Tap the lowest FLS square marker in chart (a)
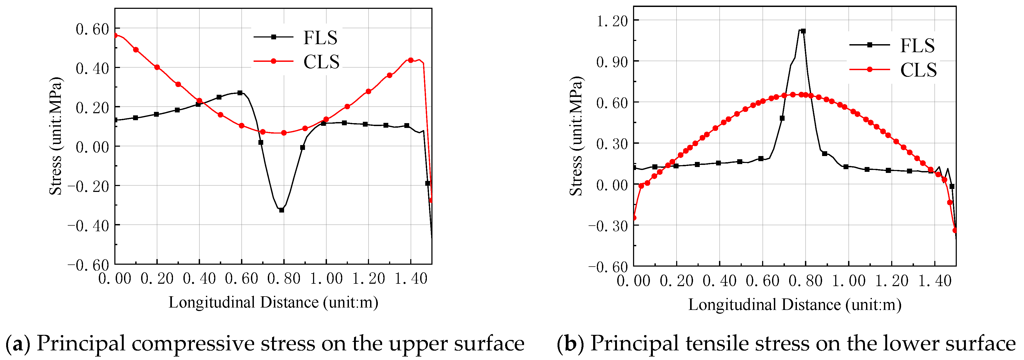(281, 210)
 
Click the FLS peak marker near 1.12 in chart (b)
(803, 31)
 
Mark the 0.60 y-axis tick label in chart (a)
(92, 29)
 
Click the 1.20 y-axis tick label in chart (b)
(612, 20)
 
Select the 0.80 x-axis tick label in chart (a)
(283, 279)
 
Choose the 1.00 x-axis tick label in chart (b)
(848, 281)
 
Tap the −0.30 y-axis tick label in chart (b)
(608, 226)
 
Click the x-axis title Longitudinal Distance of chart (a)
(273, 303)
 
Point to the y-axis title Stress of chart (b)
(576, 136)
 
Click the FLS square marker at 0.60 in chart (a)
(240, 93)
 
